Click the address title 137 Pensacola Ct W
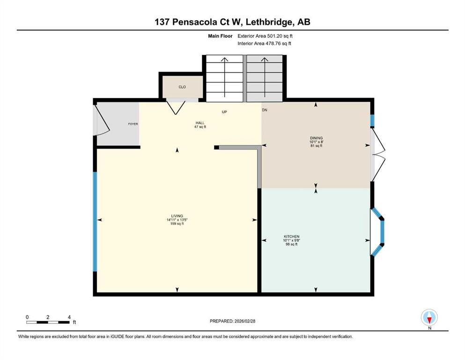[198, 22]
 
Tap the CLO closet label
[182, 87]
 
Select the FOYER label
[133, 124]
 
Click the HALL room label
[200, 123]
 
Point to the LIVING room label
[177, 216]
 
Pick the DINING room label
[317, 138]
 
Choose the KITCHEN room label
[292, 237]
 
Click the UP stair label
[224, 112]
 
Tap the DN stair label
[265, 110]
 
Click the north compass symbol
[429, 317]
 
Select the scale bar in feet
[48, 322]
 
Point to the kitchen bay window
[377, 232]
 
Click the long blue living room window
[95, 221]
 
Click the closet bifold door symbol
[176, 107]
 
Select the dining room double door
[378, 154]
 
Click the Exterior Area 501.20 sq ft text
[265, 36]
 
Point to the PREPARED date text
[232, 321]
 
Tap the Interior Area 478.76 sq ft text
[264, 43]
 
